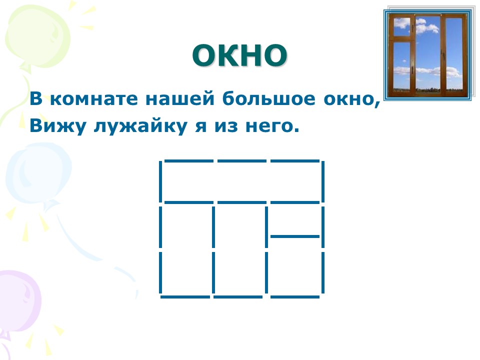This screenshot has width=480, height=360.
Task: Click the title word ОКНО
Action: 239,55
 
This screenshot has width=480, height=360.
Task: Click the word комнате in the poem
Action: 94,99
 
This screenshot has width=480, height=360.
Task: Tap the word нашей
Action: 180,98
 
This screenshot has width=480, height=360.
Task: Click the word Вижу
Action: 58,125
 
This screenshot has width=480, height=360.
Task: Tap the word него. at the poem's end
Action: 272,126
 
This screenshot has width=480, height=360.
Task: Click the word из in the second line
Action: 226,126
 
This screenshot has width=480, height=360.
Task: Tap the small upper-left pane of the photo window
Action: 401,26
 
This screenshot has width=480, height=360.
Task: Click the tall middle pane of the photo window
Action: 427,54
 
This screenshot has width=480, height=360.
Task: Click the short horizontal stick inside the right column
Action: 295,236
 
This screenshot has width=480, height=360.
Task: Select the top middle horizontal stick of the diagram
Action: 242,160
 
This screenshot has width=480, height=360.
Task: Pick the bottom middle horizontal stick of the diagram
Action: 238,296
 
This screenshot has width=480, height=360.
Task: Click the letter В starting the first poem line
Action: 36,98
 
